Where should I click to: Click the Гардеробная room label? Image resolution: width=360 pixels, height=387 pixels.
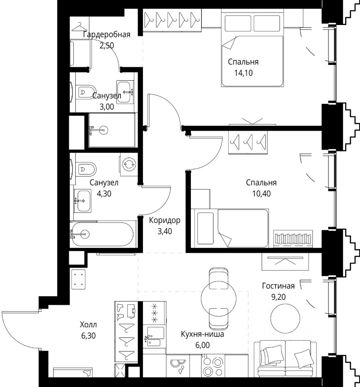pos(107,35)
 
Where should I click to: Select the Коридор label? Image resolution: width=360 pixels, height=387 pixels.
pos(165,220)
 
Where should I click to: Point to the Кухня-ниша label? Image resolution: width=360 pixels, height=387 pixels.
pos(203,334)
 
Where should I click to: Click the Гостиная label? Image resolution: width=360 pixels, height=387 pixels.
pos(278,286)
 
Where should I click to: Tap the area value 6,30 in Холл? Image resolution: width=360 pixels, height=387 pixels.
pos(88,336)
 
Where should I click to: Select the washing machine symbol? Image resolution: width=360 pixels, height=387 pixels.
pos(129,164)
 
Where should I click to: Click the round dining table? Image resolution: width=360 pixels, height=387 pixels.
pos(219,299)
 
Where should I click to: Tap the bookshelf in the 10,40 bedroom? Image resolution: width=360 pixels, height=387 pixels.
pos(293,239)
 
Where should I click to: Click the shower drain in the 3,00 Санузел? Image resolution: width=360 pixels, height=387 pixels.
pos(103,130)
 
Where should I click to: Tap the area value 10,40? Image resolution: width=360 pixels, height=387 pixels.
pos(261,194)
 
